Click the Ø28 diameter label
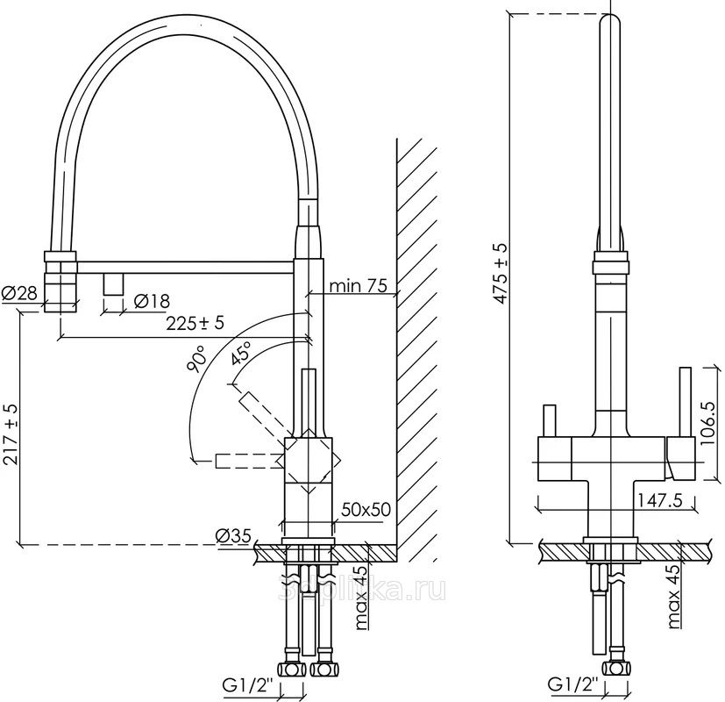point(19,294)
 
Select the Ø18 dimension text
point(152,302)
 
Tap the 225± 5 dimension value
point(195,322)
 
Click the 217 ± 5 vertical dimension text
point(11,437)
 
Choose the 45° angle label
point(238,355)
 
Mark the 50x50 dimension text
point(366,510)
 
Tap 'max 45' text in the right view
point(674,598)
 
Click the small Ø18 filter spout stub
point(113,284)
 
